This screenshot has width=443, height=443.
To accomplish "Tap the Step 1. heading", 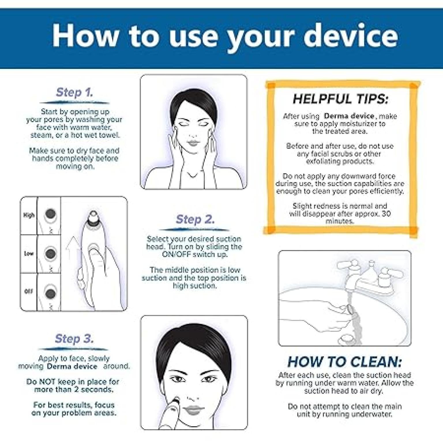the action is click(74, 92).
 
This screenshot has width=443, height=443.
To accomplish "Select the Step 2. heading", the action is click(195, 219).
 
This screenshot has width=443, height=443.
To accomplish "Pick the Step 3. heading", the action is click(74, 339).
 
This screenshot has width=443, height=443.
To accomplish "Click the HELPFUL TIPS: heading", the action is click(341, 99).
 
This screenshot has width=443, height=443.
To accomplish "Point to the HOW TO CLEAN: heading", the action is click(344, 362).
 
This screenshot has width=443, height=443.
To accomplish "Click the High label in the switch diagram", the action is click(29, 215).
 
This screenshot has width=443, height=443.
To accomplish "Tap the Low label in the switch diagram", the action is click(29, 254).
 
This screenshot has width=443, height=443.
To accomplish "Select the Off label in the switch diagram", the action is click(29, 291).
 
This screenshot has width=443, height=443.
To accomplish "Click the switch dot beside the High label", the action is click(50, 214).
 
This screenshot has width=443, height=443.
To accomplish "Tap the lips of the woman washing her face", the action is click(193, 143).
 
